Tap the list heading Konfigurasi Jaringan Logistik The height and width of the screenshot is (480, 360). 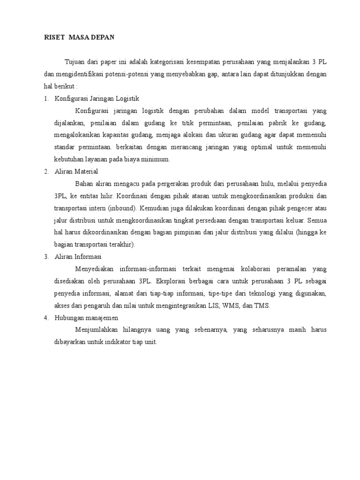point(97,98)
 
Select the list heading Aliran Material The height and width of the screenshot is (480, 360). point(76,172)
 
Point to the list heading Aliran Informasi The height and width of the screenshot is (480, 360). point(78,257)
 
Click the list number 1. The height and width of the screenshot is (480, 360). point(46,98)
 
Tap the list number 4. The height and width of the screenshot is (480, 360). point(46,318)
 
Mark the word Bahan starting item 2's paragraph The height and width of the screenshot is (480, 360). point(84,184)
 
